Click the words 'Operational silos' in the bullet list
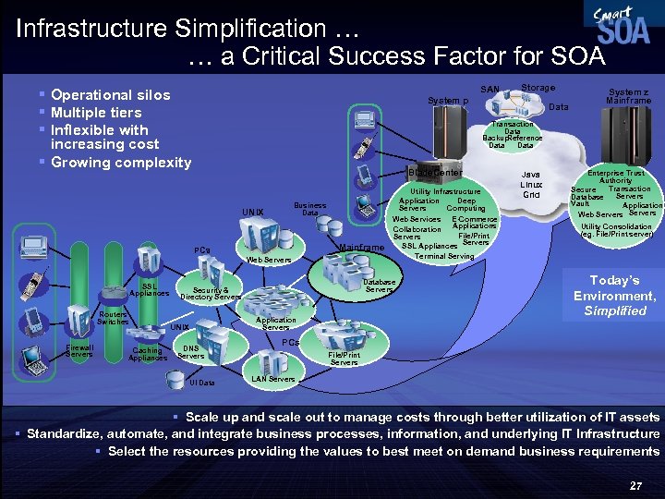pos(110,94)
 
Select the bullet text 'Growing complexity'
pos(121,163)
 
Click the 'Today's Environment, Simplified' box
pos(614,295)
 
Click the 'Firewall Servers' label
pos(79,351)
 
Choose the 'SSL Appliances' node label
pos(149,289)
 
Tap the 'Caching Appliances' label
pos(148,354)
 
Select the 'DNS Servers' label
pos(190,352)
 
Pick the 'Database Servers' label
pos(380,286)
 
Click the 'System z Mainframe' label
pos(628,95)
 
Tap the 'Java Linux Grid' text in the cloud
pos(531,185)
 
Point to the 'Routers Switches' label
pos(113,318)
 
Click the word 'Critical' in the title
pos(278,58)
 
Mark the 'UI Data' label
pos(201,383)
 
